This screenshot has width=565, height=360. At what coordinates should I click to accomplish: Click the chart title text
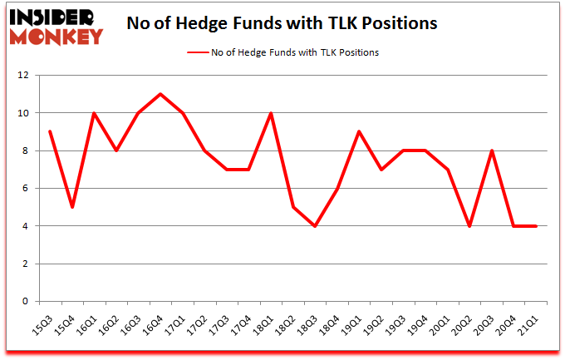pyautogui.click(x=282, y=23)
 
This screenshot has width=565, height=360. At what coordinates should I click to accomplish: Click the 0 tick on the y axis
pyautogui.click(x=26, y=302)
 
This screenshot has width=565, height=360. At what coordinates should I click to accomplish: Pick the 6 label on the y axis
pyautogui.click(x=26, y=189)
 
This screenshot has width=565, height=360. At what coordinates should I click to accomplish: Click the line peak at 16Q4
pyautogui.click(x=160, y=94)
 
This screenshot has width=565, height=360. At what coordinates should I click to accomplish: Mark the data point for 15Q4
pyautogui.click(x=73, y=207)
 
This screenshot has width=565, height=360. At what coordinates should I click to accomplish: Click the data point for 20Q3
pyautogui.click(x=492, y=150)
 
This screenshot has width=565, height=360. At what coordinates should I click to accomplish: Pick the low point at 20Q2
pyautogui.click(x=470, y=226)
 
